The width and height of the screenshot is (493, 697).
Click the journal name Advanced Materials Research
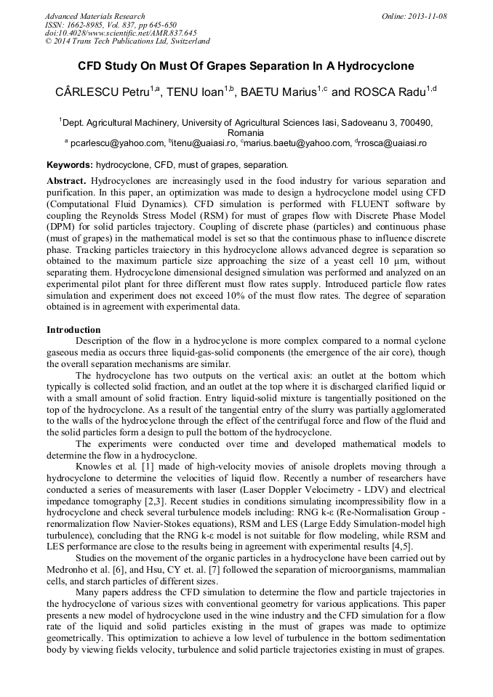(95, 16)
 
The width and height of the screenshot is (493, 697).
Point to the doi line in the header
(121, 33)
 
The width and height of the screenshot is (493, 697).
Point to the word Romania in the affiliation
(246, 133)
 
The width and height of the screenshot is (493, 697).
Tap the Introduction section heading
(73, 329)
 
